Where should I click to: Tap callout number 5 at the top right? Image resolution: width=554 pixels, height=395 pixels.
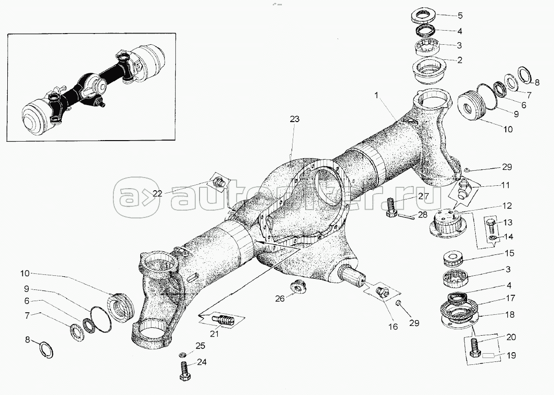460,15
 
